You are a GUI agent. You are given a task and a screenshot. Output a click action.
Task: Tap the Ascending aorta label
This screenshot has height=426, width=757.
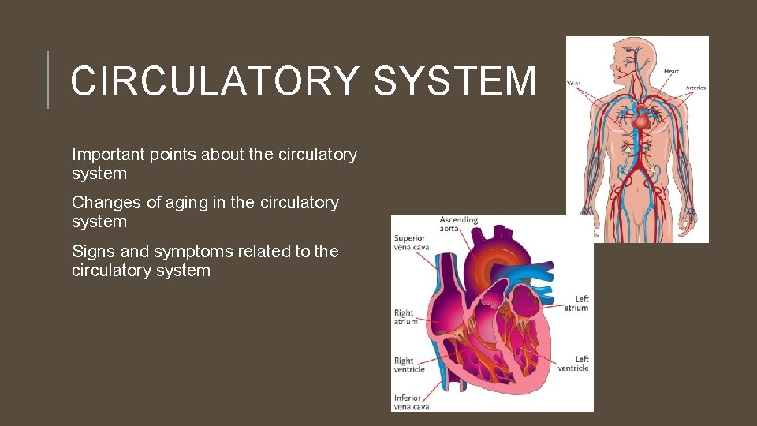click(460, 224)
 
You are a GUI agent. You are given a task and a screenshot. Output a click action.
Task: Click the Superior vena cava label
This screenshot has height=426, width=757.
click(409, 242)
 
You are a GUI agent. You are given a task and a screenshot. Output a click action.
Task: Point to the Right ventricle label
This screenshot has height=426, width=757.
click(409, 365)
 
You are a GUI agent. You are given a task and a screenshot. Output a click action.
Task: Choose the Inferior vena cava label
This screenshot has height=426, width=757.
click(411, 402)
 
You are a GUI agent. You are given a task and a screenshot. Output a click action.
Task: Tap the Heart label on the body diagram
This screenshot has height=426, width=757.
click(671, 72)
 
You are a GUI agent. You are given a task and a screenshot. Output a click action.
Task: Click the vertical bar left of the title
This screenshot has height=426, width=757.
click(48, 80)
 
